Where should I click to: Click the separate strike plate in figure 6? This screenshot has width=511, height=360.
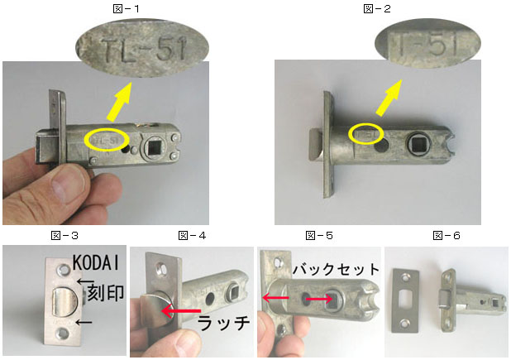pyautogui.click(x=405, y=303)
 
